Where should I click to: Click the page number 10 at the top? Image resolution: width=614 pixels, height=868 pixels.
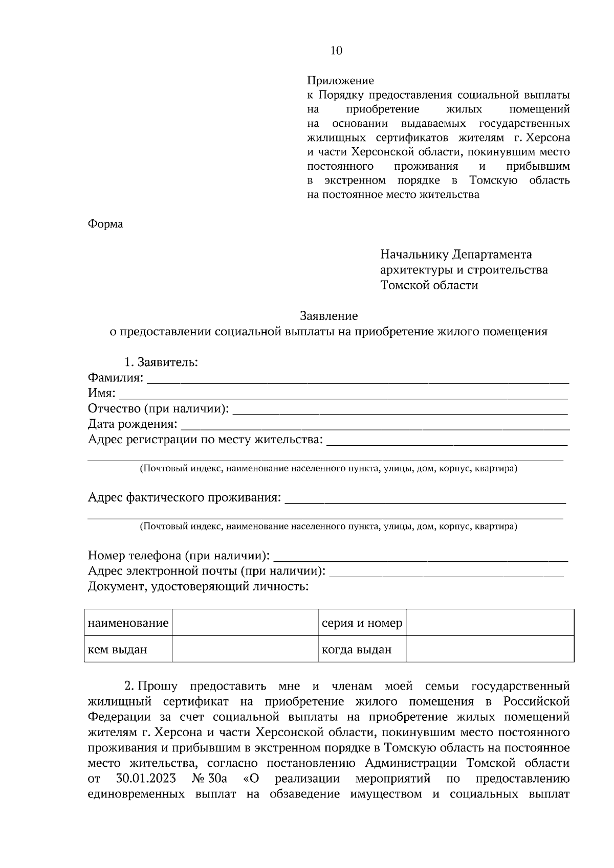336,51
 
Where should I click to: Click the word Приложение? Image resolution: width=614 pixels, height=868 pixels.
340,81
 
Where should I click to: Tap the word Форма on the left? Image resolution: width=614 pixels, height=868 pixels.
105,224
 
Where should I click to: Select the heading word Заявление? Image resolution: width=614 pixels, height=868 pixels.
328,316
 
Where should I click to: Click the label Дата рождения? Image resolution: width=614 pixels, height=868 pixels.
133,424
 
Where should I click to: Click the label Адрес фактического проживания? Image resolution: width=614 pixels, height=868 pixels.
185,497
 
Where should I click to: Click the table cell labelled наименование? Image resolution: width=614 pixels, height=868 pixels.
128,623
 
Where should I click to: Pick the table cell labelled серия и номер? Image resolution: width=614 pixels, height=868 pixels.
362,623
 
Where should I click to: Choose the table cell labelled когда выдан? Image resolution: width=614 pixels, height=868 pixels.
357,650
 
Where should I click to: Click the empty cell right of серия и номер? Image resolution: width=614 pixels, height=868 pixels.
490,623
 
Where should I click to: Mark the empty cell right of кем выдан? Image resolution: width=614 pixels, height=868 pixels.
245,649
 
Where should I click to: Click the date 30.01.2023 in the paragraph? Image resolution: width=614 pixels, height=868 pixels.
146,779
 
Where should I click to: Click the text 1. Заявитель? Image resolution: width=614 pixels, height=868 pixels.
161,362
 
